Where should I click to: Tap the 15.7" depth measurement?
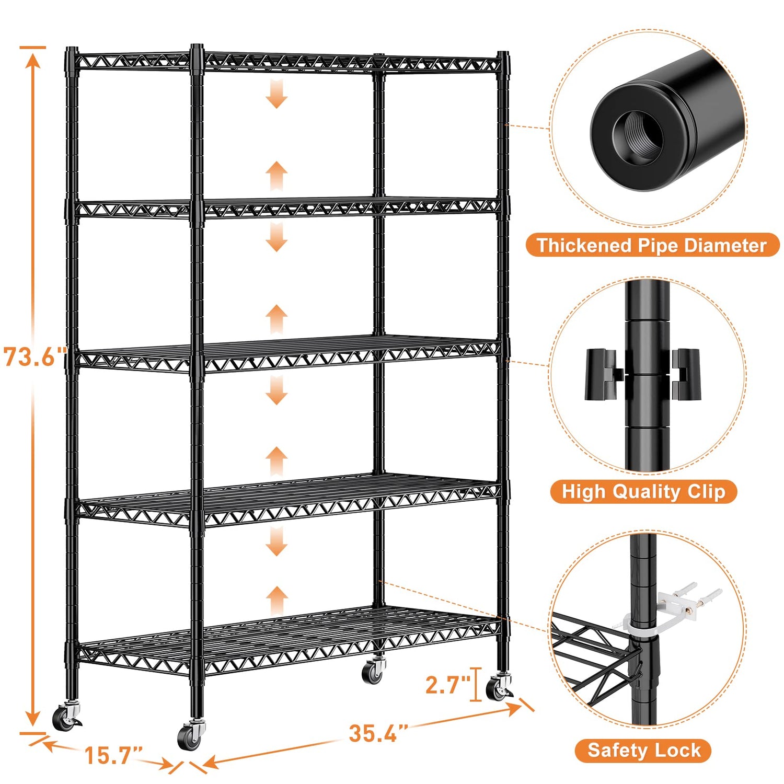coord(113,755)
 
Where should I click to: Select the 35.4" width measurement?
coord(378,733)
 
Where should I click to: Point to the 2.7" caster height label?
coord(447,685)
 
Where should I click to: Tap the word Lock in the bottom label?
coord(677,750)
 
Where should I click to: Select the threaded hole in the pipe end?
coord(638,137)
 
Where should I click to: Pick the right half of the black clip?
coord(686,374)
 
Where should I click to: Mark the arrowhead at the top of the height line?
coord(33,60)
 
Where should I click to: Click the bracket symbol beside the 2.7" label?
coord(475,684)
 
